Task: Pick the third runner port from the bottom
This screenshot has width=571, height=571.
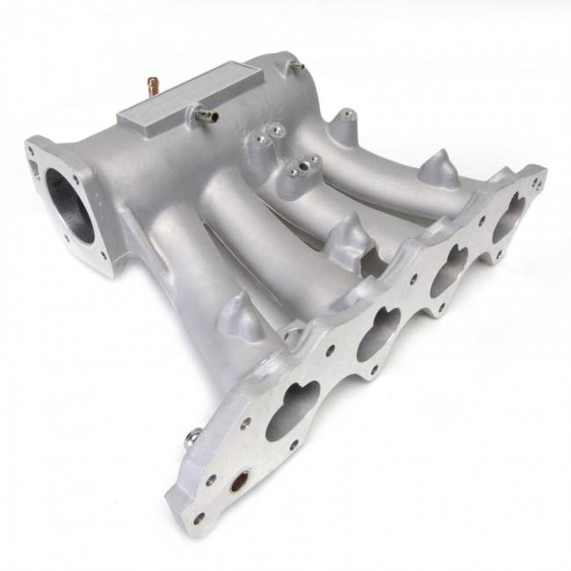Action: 449,264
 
